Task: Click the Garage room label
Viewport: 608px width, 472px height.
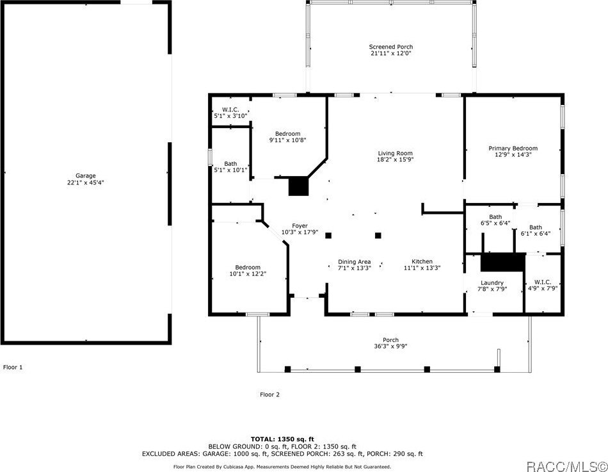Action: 85,179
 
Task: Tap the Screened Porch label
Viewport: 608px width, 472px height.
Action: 391,50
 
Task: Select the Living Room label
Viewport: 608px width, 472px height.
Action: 395,156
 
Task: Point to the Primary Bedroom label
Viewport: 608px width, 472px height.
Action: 513,151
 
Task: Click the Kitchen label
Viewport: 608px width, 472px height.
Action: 422,264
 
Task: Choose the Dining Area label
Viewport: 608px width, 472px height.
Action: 354,264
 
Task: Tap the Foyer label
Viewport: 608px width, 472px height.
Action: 300,229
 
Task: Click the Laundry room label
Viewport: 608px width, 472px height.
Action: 492,286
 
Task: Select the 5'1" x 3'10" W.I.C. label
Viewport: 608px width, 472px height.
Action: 230,113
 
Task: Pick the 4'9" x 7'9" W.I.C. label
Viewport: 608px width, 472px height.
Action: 543,285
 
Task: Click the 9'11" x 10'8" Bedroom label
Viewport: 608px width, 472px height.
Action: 288,137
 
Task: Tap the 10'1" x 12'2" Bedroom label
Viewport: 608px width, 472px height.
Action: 248,270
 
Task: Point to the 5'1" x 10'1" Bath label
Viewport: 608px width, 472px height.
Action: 230,167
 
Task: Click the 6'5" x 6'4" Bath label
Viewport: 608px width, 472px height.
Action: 495,220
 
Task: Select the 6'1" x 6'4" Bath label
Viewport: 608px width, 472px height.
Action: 536,231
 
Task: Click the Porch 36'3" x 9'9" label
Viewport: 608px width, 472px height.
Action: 390,343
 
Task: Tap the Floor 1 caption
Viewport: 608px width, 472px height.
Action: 13,367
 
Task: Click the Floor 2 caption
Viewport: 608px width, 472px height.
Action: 269,395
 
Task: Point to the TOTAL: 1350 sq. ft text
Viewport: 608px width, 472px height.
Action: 282,439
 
